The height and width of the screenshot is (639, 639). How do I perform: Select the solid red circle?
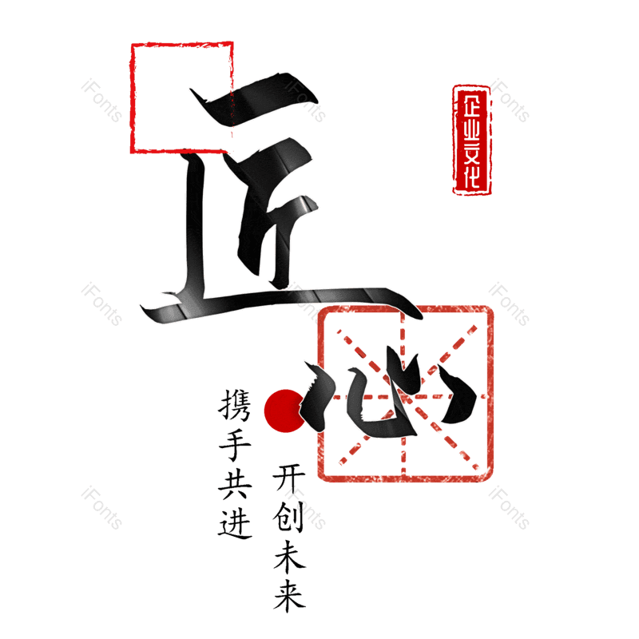284,411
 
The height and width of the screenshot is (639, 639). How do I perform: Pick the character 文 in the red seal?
471,155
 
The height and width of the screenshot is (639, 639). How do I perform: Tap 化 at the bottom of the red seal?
471,177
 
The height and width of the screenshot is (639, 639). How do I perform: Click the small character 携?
235,405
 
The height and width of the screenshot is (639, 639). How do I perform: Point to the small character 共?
235,484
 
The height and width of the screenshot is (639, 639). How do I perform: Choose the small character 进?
235,523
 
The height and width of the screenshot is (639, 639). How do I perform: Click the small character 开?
289,478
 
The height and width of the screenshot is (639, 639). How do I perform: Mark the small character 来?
289,596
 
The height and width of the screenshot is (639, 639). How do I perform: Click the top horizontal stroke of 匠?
252,100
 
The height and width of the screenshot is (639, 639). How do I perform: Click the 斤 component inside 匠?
271,212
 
